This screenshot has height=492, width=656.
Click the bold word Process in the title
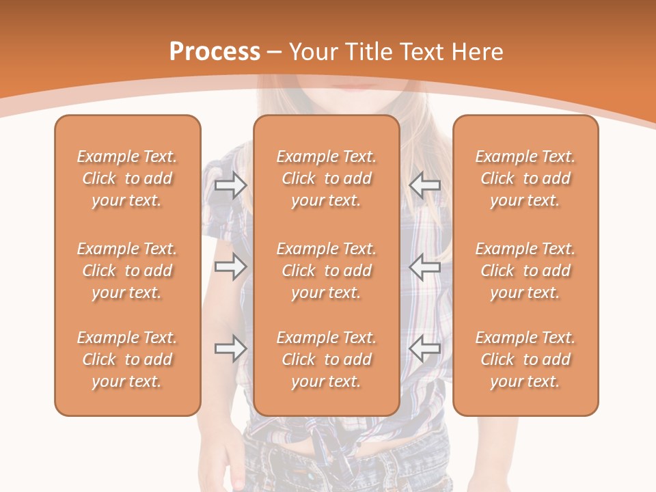(215, 51)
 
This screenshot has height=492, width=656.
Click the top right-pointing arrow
(230, 184)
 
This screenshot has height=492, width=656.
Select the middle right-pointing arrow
(230, 266)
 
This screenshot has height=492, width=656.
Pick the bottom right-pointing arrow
(230, 348)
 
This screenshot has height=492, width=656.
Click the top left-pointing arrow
(425, 184)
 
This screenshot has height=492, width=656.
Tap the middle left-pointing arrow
(425, 266)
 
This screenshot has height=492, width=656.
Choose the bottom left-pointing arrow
(425, 348)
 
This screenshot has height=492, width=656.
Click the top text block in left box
(127, 178)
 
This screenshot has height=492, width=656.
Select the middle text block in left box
(127, 271)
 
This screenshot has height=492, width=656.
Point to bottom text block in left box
(127, 359)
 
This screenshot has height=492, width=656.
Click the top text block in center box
(326, 178)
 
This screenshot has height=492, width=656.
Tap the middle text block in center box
(326, 271)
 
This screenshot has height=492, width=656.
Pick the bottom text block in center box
(326, 359)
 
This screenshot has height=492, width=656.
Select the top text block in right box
(525, 178)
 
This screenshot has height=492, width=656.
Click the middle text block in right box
(525, 271)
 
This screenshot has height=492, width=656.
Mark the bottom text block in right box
(525, 359)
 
